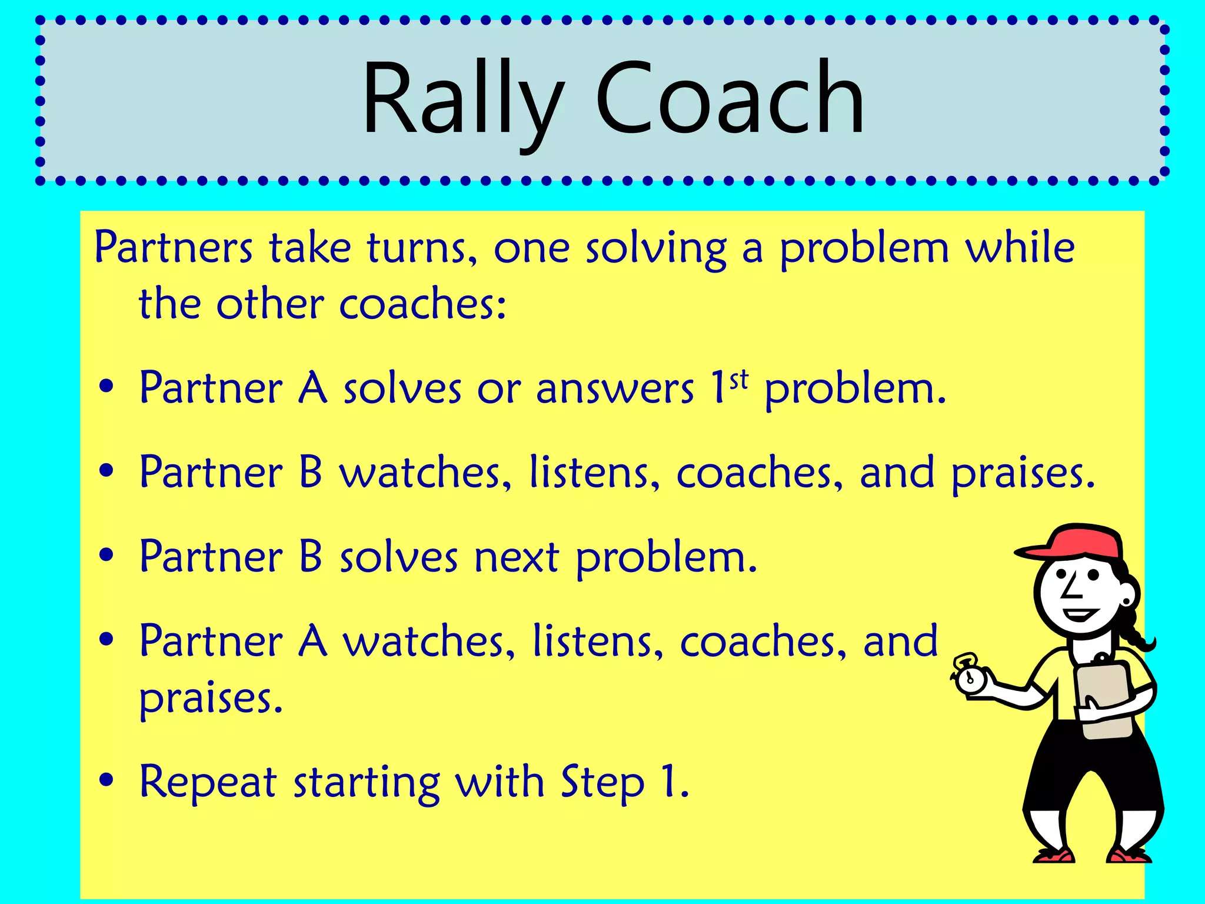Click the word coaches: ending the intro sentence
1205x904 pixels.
coord(422,305)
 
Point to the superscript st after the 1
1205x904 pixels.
coord(739,381)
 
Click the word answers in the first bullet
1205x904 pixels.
coord(615,390)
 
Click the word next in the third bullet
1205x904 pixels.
coord(517,557)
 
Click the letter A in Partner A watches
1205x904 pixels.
coord(312,641)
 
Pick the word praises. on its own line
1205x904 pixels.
coord(211,699)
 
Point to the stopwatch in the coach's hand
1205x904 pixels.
coord(968,677)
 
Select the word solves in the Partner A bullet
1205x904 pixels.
coord(402,389)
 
